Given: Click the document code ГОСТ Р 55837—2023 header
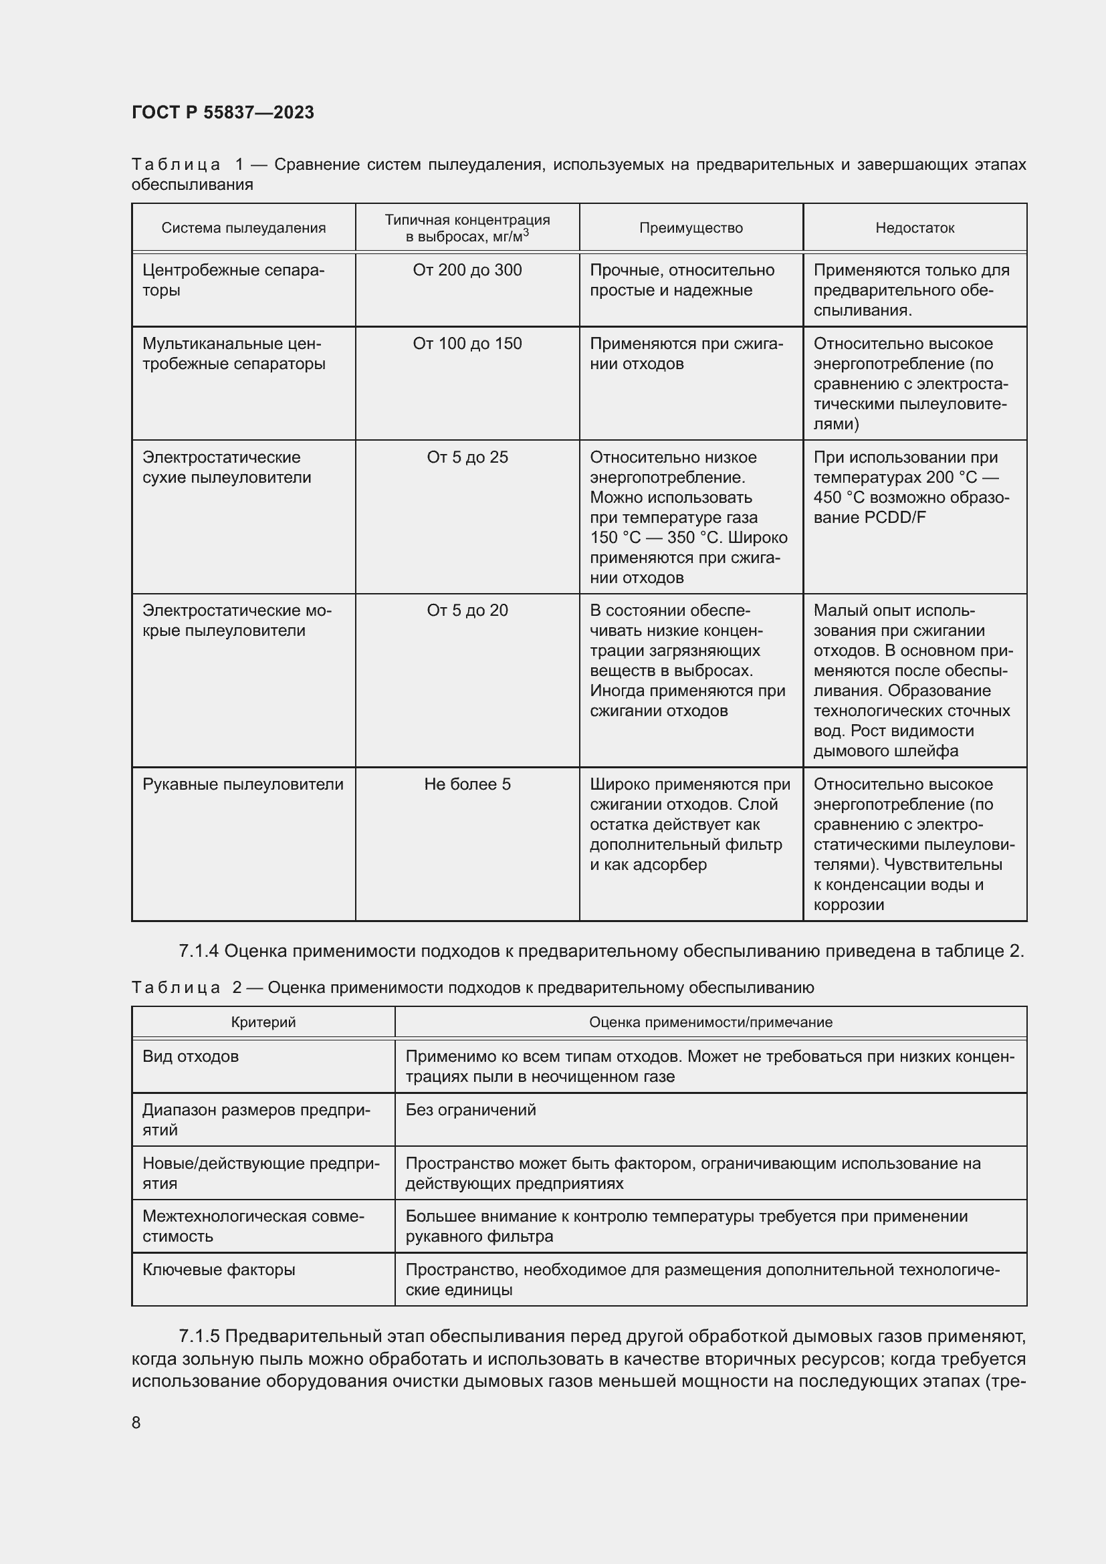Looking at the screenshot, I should (223, 112).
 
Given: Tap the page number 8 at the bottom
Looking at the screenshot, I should (136, 1422).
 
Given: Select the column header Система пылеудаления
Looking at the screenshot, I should (243, 228).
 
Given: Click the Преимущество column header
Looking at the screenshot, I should (691, 228).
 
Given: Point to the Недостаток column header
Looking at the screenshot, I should (914, 228).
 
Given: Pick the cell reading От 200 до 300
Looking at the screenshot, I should (467, 270).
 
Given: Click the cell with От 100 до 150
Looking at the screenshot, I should (467, 344).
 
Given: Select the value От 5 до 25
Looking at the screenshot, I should (467, 457).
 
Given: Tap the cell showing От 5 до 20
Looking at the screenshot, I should (467, 610).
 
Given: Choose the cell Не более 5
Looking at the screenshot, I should (467, 784).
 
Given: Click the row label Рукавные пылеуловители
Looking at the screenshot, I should (243, 784).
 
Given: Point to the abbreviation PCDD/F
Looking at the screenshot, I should (895, 518).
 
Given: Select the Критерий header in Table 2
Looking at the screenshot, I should (263, 1022).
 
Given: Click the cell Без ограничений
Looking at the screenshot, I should (471, 1110).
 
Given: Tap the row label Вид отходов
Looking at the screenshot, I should (190, 1056).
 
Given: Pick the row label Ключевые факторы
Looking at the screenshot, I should (219, 1270).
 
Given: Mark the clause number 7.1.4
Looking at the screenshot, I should (198, 951).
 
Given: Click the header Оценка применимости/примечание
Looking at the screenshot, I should (710, 1022).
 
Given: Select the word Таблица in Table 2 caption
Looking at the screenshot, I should (176, 988).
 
